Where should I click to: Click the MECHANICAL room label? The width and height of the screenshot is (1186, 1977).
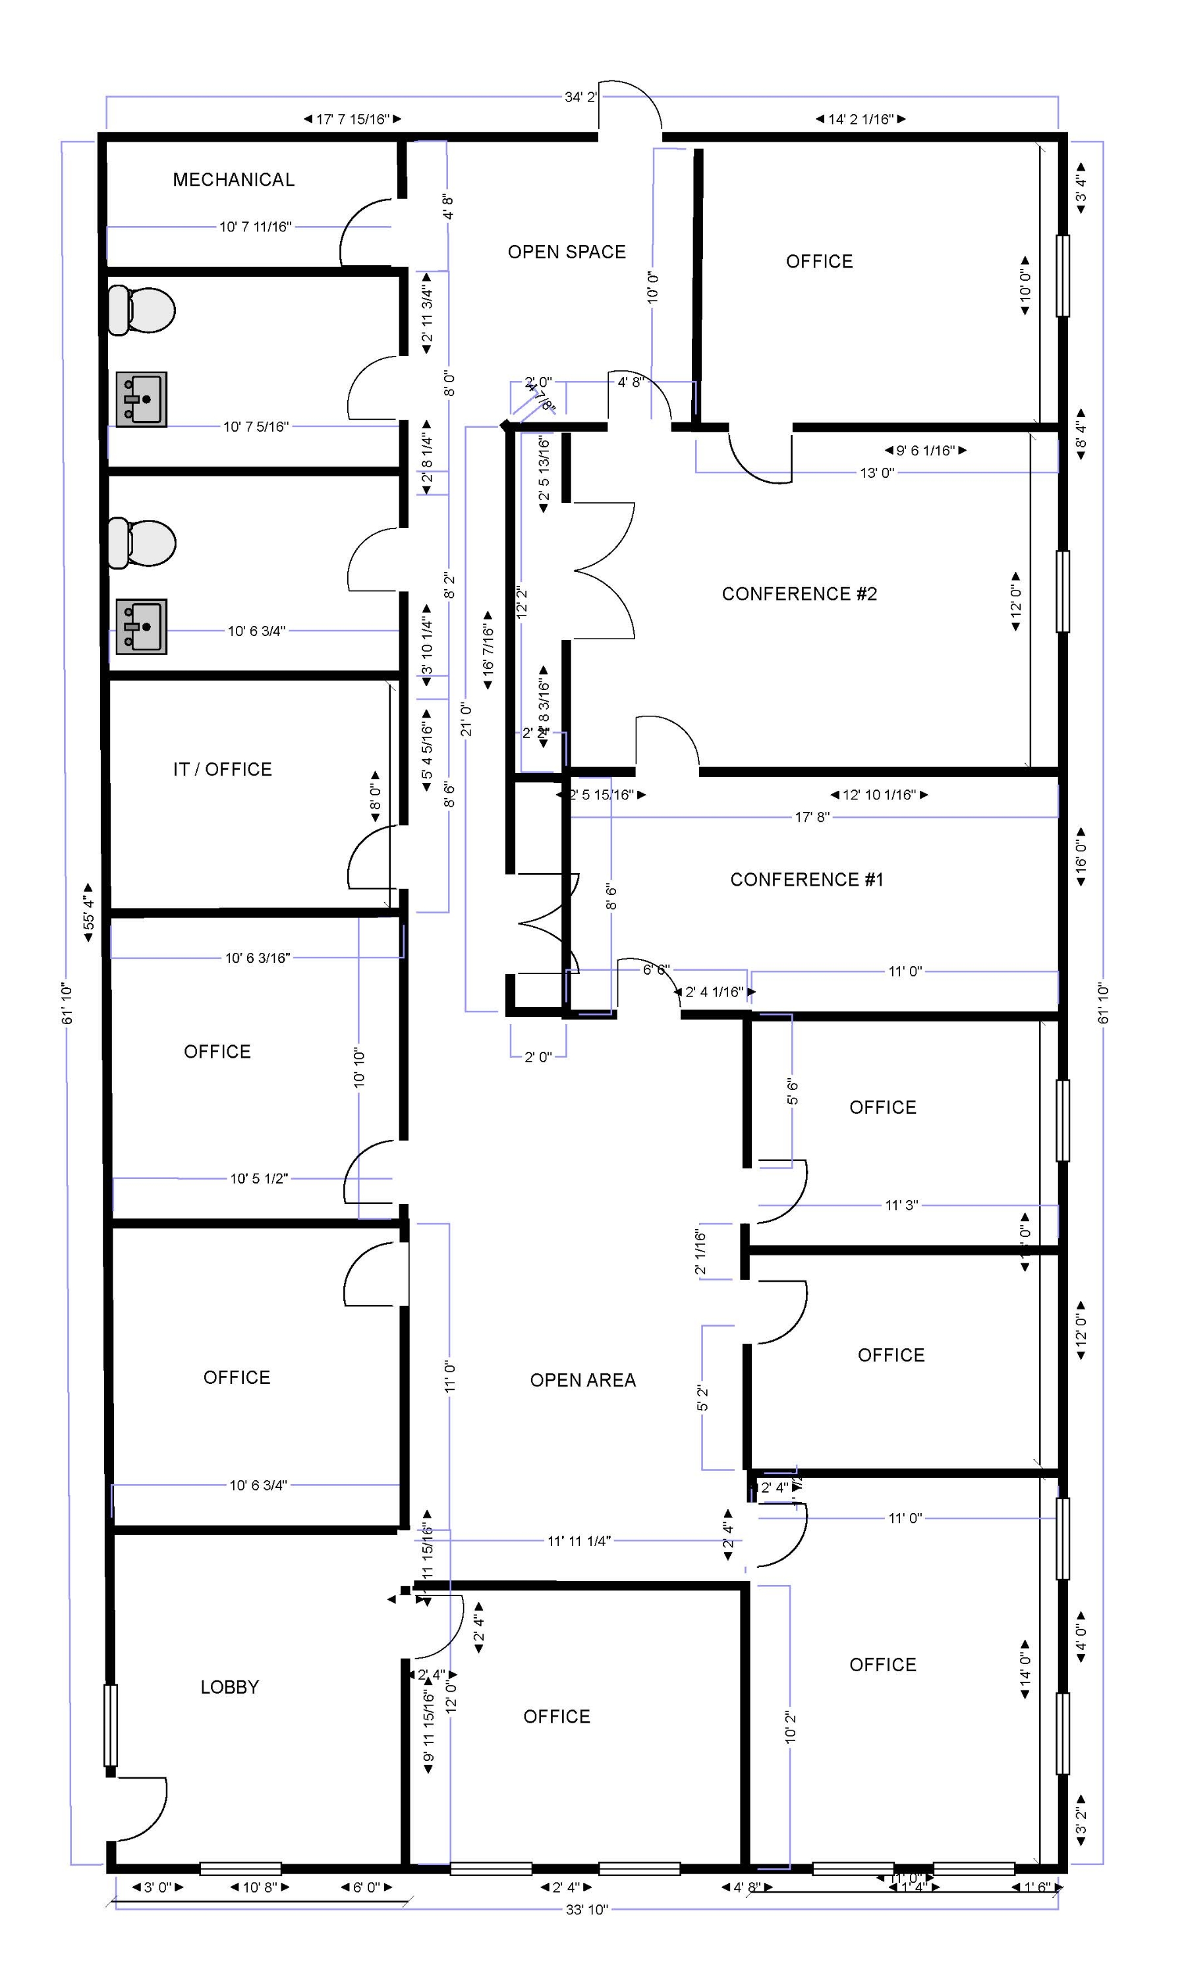[233, 180]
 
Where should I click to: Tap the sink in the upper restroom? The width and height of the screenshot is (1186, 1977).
[142, 399]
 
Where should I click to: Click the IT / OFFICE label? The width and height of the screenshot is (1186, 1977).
[222, 770]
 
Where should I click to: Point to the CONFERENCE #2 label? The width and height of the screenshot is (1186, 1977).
[799, 594]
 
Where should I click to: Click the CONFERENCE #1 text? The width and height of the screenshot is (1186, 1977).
[806, 880]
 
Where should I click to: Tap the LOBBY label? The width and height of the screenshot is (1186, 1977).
[229, 1687]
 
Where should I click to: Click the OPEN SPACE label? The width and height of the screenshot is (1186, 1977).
[567, 252]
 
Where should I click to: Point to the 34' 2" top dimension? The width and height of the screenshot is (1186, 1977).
[580, 98]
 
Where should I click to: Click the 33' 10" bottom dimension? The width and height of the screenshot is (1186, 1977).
[586, 1909]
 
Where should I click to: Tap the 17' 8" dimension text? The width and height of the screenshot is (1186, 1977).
[812, 817]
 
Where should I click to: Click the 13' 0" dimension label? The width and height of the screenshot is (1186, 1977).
[877, 473]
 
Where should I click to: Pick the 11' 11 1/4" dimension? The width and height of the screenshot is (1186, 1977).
[579, 1541]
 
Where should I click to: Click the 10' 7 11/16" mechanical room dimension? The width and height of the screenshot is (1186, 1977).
[256, 227]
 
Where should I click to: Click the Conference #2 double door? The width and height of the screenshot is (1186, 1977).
[604, 571]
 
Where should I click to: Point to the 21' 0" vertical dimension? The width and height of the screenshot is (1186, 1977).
[466, 719]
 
